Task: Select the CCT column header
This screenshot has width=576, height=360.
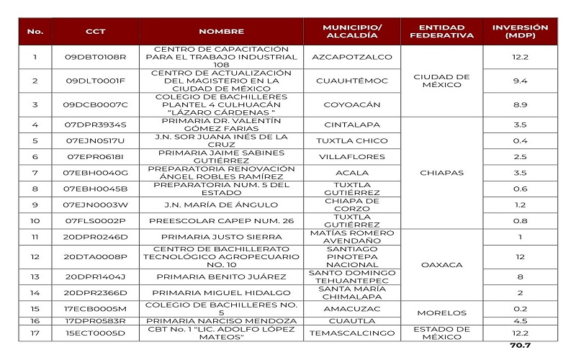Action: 95,32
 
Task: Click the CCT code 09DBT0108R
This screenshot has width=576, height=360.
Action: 95,56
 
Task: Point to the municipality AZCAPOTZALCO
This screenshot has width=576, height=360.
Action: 352,56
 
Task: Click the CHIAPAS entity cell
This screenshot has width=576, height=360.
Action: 441,173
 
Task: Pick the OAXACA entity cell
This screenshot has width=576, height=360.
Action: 441,265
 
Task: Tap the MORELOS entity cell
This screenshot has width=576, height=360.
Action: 441,312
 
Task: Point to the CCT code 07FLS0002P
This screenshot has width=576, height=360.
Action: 95,220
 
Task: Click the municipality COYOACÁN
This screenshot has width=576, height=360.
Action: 352,104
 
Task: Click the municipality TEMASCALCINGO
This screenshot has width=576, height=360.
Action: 352,333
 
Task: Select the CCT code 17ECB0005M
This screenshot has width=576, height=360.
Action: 95,308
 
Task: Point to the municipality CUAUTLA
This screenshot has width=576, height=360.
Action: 352,321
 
